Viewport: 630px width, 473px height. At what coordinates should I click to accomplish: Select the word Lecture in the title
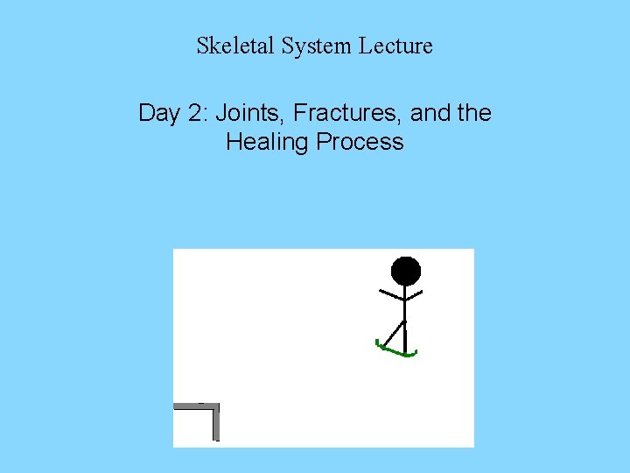[395, 46]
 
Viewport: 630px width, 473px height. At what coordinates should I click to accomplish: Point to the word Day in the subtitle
[158, 113]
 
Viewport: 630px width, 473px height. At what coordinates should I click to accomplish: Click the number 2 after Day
[197, 113]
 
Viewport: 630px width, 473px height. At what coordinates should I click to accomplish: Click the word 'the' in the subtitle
[472, 113]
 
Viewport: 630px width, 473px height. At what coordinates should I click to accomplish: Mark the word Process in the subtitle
[359, 142]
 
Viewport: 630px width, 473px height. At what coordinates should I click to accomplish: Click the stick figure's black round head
[405, 271]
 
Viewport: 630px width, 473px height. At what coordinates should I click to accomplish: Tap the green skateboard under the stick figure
[398, 352]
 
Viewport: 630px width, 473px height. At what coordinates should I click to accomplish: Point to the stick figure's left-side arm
[390, 293]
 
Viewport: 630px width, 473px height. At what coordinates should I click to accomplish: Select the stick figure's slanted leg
[395, 335]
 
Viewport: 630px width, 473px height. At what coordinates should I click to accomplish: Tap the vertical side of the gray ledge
[215, 424]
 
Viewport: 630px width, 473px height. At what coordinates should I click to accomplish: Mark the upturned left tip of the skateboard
[378, 342]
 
